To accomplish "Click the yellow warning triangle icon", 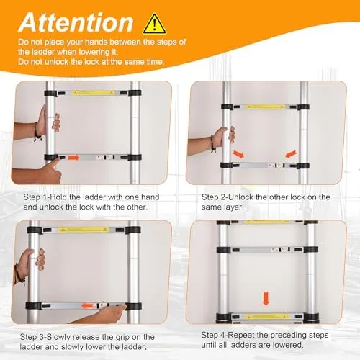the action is (155, 24).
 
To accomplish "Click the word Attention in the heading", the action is (76, 22).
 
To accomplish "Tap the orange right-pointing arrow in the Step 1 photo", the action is (74, 158).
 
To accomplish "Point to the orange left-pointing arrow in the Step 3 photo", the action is (87, 306).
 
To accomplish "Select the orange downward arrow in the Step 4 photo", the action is (266, 298).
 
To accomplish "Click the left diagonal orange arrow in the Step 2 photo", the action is (238, 153).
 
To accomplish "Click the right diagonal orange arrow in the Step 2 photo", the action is (291, 154).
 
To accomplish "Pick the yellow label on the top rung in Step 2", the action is (264, 107).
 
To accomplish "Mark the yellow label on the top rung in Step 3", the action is (84, 229).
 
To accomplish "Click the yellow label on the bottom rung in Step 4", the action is (266, 317).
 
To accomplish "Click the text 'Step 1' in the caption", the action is (33, 197).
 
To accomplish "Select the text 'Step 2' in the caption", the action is (212, 197).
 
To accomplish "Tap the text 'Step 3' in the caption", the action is (30, 337).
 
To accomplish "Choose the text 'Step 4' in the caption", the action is (211, 335).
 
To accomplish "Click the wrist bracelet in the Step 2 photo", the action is (212, 143).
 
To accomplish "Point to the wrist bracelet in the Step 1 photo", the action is (37, 132).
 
